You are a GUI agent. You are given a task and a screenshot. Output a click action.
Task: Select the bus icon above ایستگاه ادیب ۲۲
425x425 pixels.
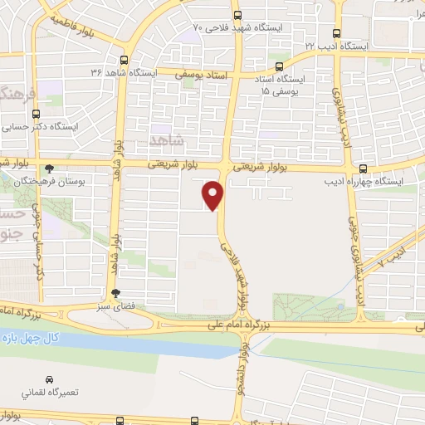click(x=335, y=34)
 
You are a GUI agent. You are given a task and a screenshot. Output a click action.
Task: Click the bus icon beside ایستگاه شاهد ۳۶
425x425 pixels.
click(x=124, y=60)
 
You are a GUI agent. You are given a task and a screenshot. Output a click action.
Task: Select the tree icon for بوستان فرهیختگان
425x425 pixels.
click(x=49, y=168)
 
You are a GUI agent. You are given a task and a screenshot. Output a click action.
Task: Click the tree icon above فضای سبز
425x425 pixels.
click(x=115, y=293)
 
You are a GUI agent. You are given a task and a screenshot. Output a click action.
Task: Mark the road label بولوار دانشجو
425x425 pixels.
click(x=241, y=370)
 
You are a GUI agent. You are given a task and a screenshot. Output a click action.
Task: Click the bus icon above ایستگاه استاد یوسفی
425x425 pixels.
click(x=279, y=66)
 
